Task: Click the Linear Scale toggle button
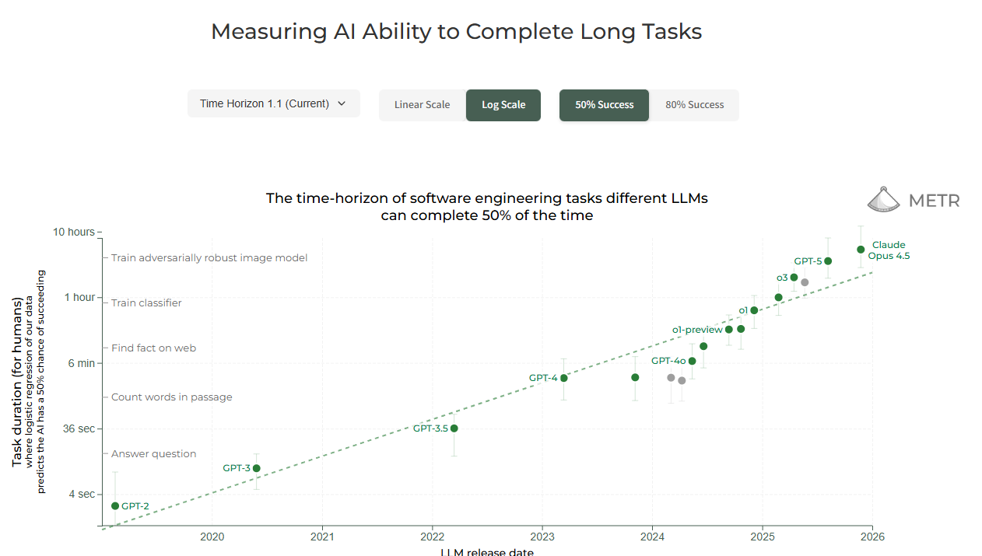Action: click(422, 105)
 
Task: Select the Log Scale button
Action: click(503, 105)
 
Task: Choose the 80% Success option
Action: click(694, 105)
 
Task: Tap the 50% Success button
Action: click(604, 105)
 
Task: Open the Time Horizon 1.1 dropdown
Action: click(273, 103)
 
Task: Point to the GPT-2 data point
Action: click(115, 506)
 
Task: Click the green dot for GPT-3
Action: click(257, 468)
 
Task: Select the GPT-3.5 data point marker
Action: click(454, 428)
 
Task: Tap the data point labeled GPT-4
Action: click(564, 378)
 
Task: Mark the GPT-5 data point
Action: click(828, 261)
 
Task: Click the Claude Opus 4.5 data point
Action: click(861, 250)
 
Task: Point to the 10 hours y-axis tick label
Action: click(73, 232)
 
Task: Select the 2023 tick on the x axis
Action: click(542, 536)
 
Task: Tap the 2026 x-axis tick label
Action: click(872, 536)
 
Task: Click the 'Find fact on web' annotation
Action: click(153, 348)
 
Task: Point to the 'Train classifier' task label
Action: click(146, 303)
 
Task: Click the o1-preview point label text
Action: click(697, 330)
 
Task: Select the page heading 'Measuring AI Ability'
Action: click(456, 32)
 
